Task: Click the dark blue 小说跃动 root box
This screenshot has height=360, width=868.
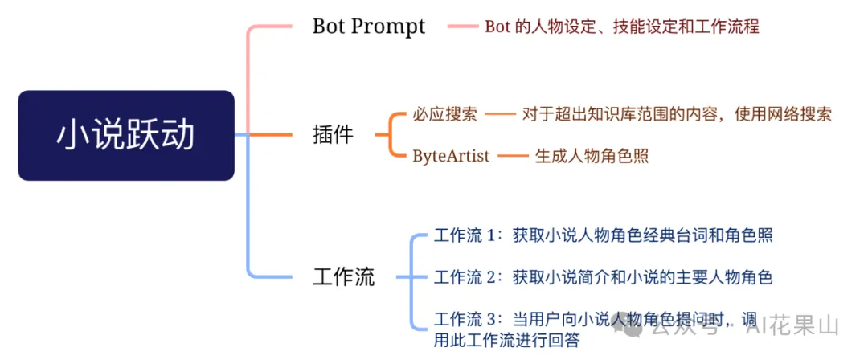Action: click(126, 135)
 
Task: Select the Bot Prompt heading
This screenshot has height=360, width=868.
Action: click(369, 27)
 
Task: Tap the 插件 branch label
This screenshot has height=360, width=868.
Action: click(333, 134)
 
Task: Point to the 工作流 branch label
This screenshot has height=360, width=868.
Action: click(343, 276)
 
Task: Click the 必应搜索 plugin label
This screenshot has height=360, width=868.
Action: click(444, 115)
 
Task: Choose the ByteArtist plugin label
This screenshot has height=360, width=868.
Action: click(451, 156)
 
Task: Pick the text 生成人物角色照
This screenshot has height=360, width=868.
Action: click(592, 156)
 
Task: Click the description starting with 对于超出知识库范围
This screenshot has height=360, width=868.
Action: click(677, 115)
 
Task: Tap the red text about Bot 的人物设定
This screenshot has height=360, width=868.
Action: click(621, 27)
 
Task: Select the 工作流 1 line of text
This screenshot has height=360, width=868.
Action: click(603, 236)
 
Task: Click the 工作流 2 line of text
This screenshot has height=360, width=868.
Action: click(603, 277)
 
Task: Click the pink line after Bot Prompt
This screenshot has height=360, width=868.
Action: click(463, 26)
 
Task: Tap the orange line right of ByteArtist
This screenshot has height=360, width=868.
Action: click(513, 156)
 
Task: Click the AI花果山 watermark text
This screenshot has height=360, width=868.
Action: click(792, 327)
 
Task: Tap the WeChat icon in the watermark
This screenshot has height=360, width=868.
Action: click(632, 327)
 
